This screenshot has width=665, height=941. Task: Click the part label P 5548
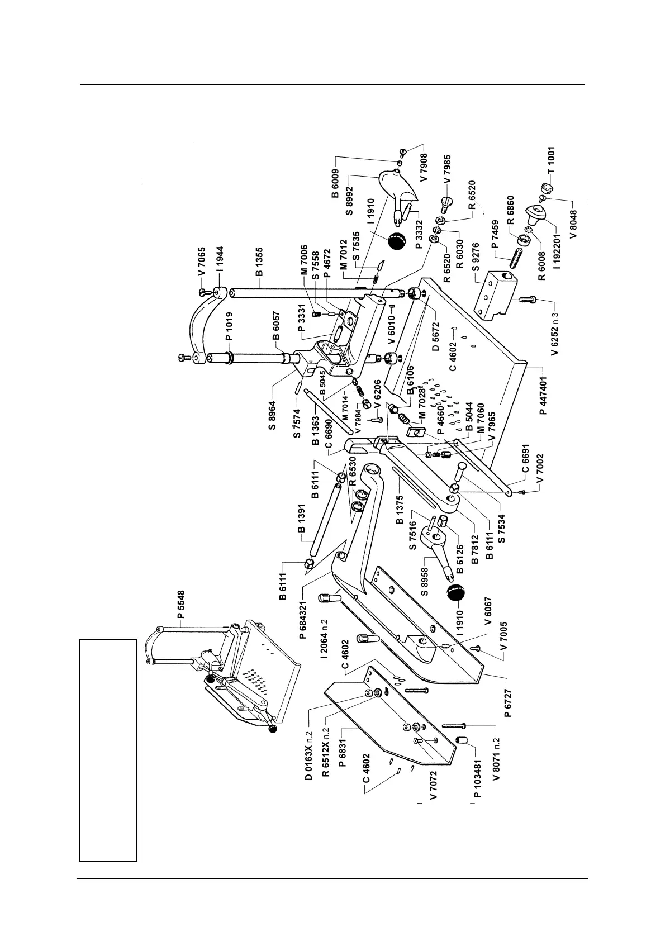coord(182,607)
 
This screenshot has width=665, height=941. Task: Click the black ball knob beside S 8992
coord(396,241)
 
